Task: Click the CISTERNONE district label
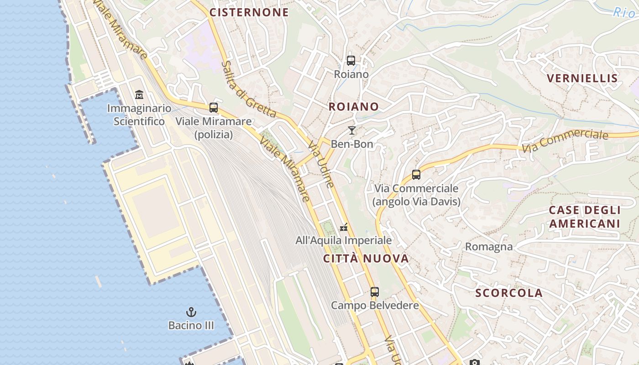[249, 12]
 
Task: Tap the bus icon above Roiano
[351, 60]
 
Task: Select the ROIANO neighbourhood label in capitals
[354, 107]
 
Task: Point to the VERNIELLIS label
[582, 78]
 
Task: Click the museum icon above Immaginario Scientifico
[139, 95]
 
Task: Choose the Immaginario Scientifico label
[139, 115]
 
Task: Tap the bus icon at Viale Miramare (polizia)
[214, 108]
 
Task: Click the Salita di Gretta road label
[249, 89]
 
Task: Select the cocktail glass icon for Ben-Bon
[351, 130]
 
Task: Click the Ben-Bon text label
[352, 144]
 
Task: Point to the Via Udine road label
[321, 164]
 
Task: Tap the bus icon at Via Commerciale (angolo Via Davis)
[416, 174]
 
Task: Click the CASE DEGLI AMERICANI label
[585, 217]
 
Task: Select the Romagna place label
[489, 247]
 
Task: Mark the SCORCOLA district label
[509, 293]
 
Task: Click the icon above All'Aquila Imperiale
[344, 227]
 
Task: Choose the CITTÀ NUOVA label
[366, 259]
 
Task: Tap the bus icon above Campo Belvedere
[375, 292]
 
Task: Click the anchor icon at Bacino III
[191, 313]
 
